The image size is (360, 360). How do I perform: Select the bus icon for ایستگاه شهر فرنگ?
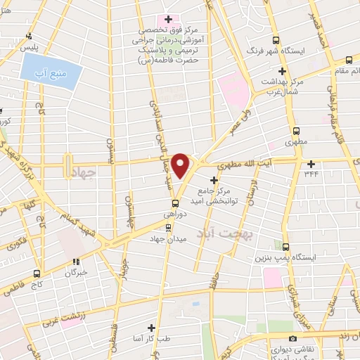(276, 41)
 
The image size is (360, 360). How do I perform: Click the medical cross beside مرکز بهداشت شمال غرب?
(282, 71)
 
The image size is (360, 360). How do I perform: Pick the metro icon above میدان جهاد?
(167, 228)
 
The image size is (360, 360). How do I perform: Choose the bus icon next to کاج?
(37, 273)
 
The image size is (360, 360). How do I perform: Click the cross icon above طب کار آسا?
(150, 328)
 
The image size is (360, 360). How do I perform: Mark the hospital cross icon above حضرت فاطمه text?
(168, 18)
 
